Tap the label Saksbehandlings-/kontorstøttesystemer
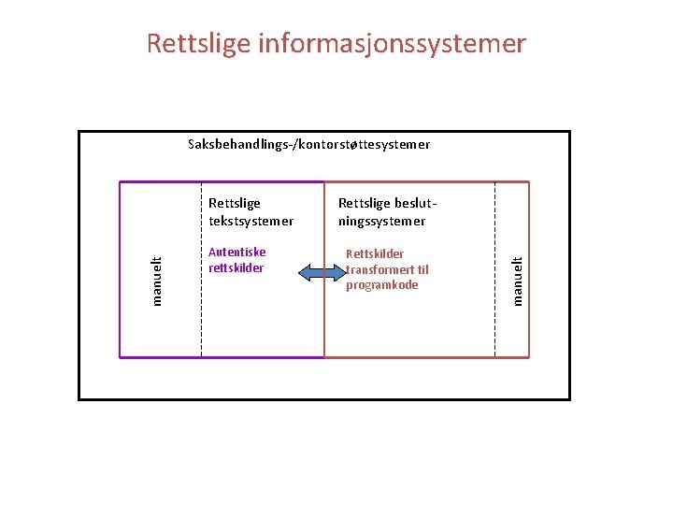[x=308, y=145]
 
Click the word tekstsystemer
[x=251, y=222]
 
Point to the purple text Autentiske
[x=236, y=252]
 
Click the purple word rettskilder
[x=236, y=268]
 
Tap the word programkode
[x=381, y=285]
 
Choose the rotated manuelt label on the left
[x=157, y=281]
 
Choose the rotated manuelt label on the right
[x=517, y=280]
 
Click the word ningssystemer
[x=381, y=222]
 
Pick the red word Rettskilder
[x=375, y=254]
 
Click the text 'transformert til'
[x=387, y=270]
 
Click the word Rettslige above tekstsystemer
[x=235, y=203]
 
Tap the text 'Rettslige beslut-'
[x=387, y=203]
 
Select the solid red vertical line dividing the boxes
[x=324, y=318]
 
